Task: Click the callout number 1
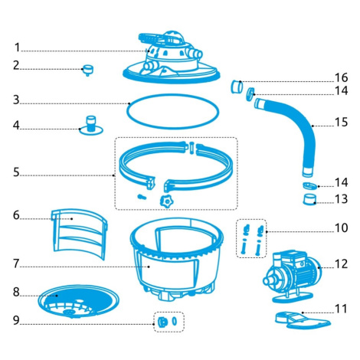17,47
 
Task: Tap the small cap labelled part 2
88,70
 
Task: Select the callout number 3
16,100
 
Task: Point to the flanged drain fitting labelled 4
91,126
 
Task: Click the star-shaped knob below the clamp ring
166,201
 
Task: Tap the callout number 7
16,263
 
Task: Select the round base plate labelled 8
78,301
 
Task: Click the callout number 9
16,320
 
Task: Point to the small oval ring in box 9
175,321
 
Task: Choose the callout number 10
342,227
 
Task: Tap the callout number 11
342,309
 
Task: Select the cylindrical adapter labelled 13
309,199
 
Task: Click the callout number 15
342,122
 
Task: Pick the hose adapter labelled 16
237,87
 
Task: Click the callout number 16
342,77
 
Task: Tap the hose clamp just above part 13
309,186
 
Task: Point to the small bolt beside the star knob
142,197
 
